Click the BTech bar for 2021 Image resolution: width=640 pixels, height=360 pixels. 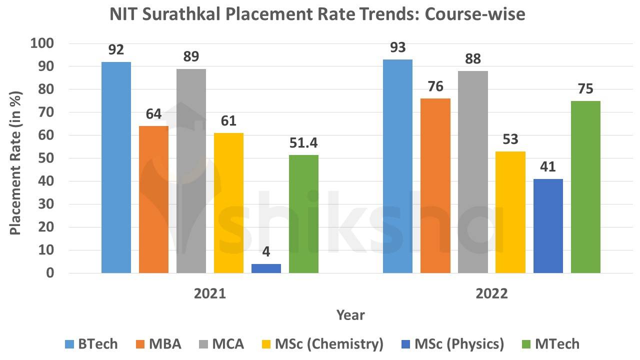pyautogui.click(x=116, y=167)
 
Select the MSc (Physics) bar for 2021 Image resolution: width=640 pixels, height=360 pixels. pyautogui.click(x=266, y=268)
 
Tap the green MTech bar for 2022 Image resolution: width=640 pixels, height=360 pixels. pyautogui.click(x=585, y=187)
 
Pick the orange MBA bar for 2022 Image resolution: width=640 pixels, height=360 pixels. pyautogui.click(x=435, y=185)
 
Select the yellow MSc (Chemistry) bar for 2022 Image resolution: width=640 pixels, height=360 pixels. pyautogui.click(x=510, y=212)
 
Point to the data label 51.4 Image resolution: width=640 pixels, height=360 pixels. pyautogui.click(x=303, y=143)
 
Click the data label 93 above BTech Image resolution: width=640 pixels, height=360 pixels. pyautogui.click(x=397, y=47)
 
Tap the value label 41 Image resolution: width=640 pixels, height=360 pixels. pyautogui.click(x=548, y=166)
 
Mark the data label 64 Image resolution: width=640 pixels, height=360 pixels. pyautogui.click(x=153, y=114)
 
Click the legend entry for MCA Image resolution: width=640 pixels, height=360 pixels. pyautogui.click(x=227, y=344)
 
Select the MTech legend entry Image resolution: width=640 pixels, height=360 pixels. pyautogui.click(x=557, y=344)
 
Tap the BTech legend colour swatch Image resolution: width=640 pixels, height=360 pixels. pyautogui.click(x=69, y=344)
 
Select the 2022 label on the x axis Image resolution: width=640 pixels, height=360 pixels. pyautogui.click(x=491, y=293)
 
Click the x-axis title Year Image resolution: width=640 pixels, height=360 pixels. pyautogui.click(x=350, y=315)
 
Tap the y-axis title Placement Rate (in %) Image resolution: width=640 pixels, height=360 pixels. pyautogui.click(x=16, y=158)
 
